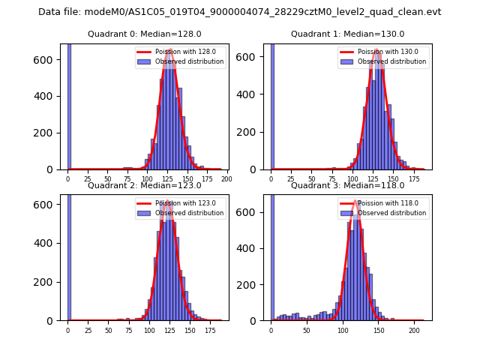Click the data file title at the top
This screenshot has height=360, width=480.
tap(240, 12)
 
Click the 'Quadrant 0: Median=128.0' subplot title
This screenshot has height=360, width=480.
tap(145, 34)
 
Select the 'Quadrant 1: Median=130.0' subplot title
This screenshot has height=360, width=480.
tap(347, 34)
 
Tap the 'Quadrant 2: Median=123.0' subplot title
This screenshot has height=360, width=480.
tap(145, 185)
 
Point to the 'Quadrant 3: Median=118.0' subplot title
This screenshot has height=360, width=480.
tap(347, 185)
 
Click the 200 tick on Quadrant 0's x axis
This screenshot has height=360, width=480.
tap(226, 179)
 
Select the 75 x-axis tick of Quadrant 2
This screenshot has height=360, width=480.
tap(128, 330)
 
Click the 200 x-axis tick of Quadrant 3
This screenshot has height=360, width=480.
tap(414, 330)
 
